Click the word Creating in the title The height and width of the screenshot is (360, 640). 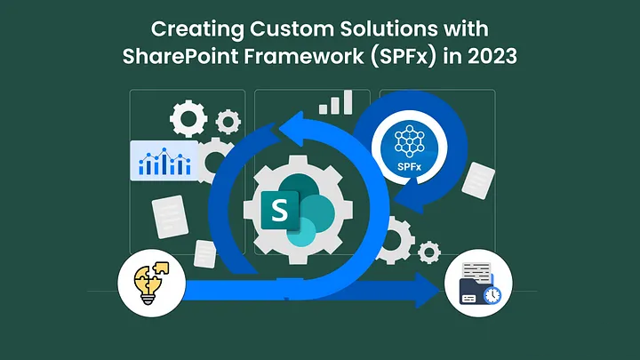197,30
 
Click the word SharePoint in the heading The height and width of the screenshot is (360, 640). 180,56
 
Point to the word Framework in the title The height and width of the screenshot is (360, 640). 304,56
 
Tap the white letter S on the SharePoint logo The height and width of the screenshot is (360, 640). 280,211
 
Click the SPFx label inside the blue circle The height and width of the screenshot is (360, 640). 409,166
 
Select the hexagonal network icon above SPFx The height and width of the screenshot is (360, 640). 409,141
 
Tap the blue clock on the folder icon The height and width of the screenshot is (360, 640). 492,295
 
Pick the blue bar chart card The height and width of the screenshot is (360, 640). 164,160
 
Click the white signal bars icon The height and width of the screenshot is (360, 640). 335,102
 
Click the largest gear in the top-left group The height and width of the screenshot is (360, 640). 188,118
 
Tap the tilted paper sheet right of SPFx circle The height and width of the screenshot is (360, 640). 478,180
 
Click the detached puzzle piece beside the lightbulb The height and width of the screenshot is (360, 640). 161,268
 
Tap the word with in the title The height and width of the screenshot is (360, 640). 472,29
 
